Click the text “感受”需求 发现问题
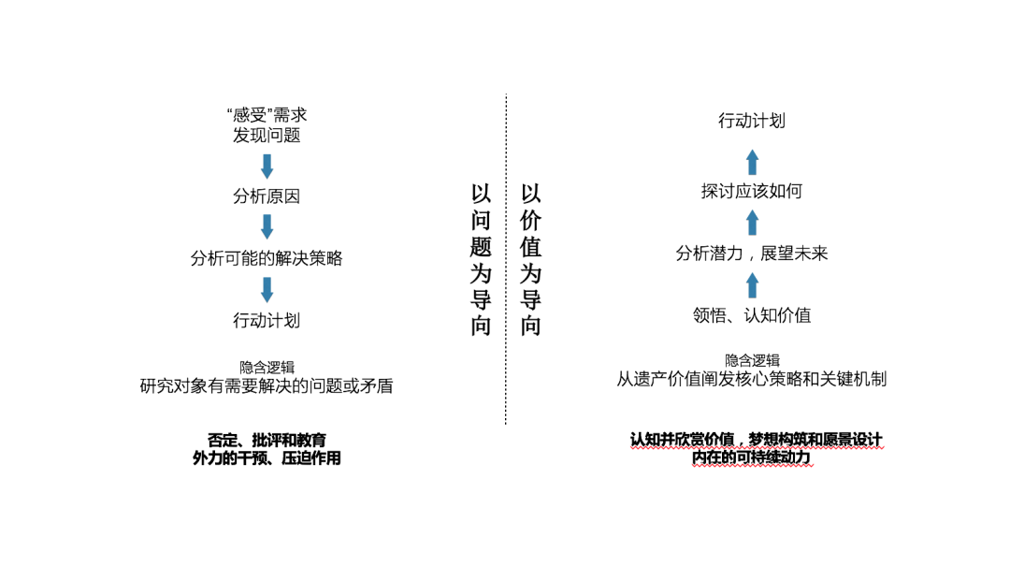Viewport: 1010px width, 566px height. [x=267, y=125]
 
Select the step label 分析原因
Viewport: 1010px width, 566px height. [x=267, y=196]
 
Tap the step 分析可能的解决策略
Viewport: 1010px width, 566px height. [x=267, y=258]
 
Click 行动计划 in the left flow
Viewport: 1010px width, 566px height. [x=267, y=320]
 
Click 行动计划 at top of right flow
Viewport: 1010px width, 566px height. [x=752, y=121]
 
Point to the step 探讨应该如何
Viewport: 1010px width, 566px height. [x=752, y=191]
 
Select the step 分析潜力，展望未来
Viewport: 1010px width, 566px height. [x=752, y=254]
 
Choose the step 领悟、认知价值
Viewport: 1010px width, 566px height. [x=752, y=315]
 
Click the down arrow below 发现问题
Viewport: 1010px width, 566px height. [x=267, y=167]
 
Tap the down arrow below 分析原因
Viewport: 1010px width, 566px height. [x=267, y=227]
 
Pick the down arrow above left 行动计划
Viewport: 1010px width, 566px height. [x=267, y=290]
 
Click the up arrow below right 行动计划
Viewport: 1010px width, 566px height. [x=752, y=162]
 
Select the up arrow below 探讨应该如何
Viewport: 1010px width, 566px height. [x=752, y=223]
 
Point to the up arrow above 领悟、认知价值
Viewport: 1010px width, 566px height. [x=752, y=285]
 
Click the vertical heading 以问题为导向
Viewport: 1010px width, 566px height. [x=481, y=259]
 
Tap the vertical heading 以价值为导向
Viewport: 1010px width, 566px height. [x=531, y=259]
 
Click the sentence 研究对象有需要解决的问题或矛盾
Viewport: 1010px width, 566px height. [x=267, y=386]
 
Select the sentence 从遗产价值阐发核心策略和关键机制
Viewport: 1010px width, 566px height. [x=752, y=379]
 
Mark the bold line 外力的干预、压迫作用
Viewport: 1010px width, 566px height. [x=267, y=458]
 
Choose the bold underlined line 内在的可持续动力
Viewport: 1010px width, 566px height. [x=752, y=457]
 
